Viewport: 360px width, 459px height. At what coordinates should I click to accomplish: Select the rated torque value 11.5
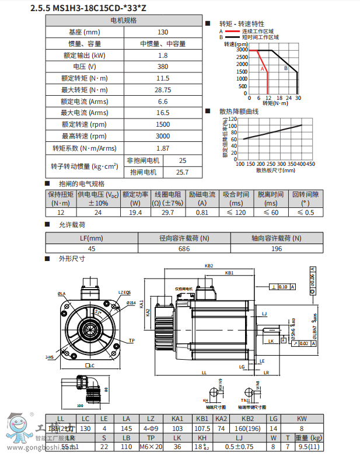163,78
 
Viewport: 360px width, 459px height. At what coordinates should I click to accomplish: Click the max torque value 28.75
163,89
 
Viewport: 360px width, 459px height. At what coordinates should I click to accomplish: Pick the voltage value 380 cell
163,67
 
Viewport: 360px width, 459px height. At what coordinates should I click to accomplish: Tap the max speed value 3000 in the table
163,135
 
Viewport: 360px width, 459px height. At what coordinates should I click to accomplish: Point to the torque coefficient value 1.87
163,148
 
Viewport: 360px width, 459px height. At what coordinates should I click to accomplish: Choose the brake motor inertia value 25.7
183,172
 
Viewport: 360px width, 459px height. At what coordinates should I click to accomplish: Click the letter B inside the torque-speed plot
286,68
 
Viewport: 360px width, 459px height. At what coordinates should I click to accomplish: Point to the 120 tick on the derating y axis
233,119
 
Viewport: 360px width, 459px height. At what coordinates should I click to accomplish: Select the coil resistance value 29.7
167,213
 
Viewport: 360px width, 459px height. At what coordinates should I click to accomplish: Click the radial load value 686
184,249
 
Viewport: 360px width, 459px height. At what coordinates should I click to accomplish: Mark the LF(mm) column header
92,238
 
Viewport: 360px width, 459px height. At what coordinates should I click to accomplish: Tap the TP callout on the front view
131,340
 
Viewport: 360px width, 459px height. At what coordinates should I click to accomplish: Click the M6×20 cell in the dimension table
152,447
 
